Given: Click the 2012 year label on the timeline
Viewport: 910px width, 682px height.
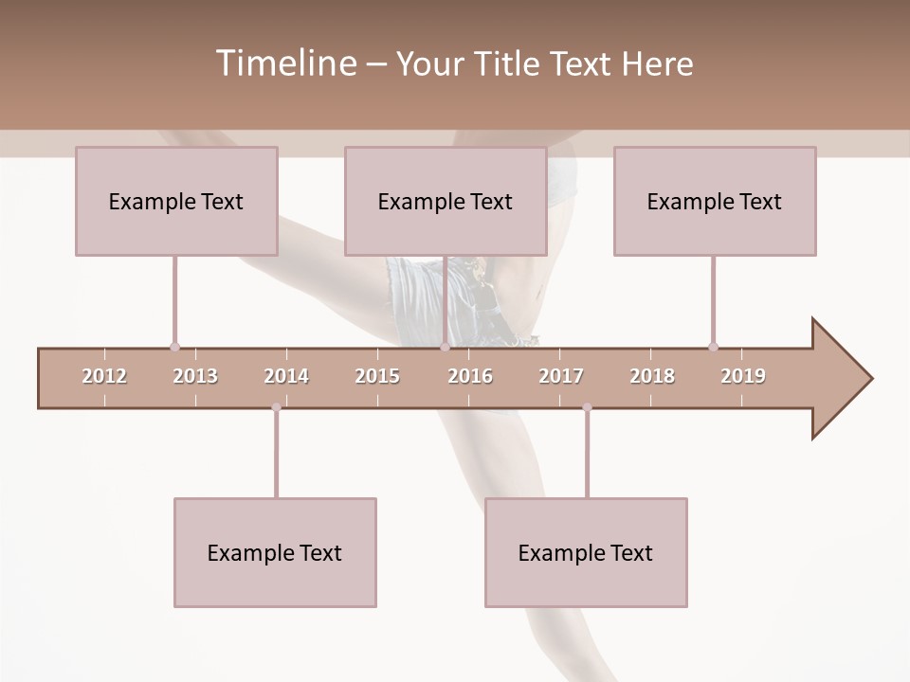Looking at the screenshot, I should point(104,376).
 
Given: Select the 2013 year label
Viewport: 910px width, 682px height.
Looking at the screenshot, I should point(195,376).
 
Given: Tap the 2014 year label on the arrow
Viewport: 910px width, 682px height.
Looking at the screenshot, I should point(286,376).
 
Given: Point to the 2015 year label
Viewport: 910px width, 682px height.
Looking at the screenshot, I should point(377,376).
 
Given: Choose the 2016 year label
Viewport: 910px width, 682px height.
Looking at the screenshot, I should point(470,376).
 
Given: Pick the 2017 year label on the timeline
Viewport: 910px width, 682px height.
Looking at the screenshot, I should point(561,376).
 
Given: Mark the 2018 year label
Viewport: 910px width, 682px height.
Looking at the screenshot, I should point(652,376).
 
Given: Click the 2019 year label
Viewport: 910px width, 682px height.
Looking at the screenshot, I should point(743,376).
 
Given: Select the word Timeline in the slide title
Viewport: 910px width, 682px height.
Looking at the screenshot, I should point(284,63).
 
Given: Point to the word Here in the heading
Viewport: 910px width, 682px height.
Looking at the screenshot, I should point(657,64).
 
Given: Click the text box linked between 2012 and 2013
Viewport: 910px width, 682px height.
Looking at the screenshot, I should point(176,201).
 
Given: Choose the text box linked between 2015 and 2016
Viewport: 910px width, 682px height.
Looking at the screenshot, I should point(446,201).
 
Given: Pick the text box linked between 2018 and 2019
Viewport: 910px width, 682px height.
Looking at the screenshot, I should point(715,201).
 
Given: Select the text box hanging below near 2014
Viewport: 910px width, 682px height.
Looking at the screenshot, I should point(275,552).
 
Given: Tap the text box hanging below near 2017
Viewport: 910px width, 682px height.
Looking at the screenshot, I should point(586,552).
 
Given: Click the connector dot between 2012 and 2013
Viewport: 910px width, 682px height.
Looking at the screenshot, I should point(174,347).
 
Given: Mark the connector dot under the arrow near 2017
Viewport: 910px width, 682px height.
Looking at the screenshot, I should point(587,407).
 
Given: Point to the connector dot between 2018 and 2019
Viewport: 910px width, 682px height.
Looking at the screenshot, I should point(713,347).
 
